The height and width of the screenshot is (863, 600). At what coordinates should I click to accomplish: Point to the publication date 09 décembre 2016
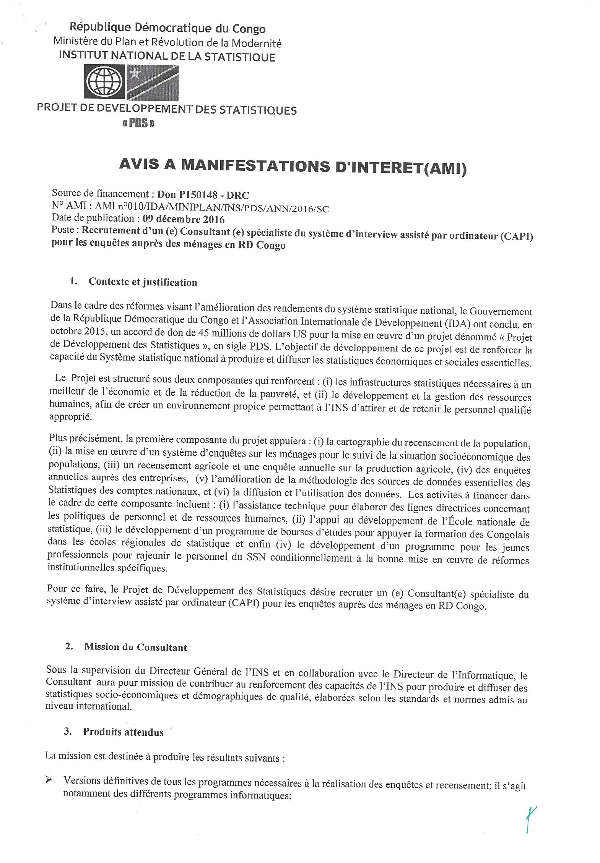(x=184, y=219)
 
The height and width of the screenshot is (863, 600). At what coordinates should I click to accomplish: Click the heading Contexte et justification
(x=143, y=282)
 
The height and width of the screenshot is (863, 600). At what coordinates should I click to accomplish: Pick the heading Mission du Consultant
(x=136, y=648)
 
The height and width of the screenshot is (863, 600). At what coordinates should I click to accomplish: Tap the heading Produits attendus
(x=123, y=732)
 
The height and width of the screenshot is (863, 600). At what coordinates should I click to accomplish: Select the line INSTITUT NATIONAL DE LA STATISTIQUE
(x=167, y=57)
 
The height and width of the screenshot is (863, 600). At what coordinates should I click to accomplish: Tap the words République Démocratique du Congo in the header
(x=167, y=28)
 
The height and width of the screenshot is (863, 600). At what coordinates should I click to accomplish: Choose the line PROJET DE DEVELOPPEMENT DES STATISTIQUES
(x=167, y=109)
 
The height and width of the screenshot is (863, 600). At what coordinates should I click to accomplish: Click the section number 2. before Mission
(x=69, y=647)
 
